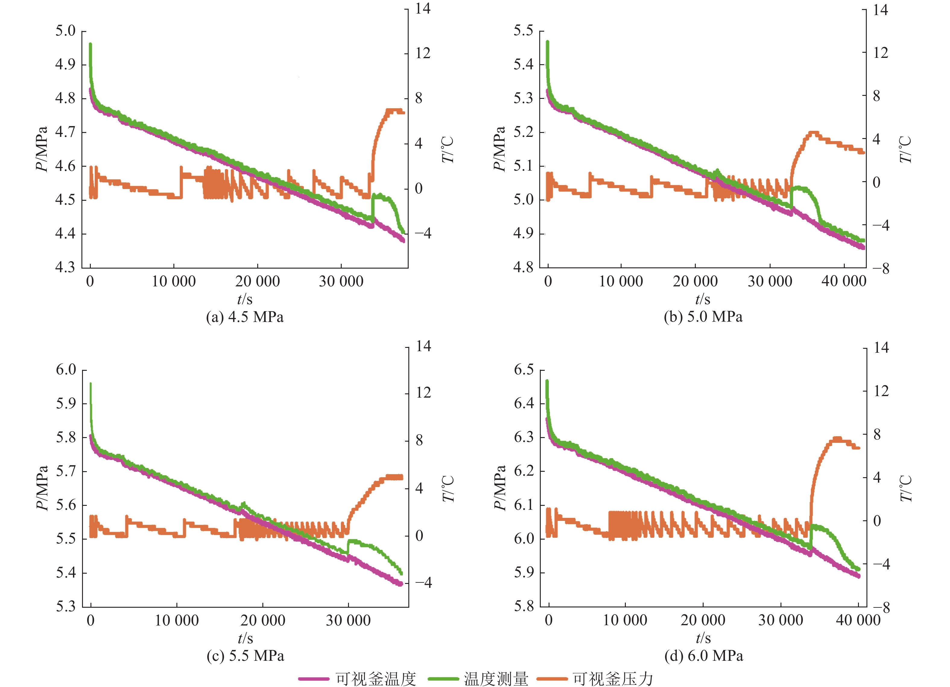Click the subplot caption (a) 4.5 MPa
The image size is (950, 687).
pos(245,317)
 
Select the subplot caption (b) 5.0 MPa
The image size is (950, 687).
pos(703,317)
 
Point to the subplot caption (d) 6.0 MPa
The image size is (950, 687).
pos(704,656)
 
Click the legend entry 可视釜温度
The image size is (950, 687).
pos(375,679)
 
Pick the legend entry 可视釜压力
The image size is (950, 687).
pos(613,679)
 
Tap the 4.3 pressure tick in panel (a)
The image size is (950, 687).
pos(65,267)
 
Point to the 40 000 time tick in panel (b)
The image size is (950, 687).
pos(844,281)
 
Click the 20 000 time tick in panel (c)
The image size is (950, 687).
pos(263,620)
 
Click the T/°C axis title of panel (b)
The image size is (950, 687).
pos(905,150)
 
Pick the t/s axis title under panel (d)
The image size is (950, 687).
pos(703,638)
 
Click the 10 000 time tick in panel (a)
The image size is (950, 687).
pos(173,281)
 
